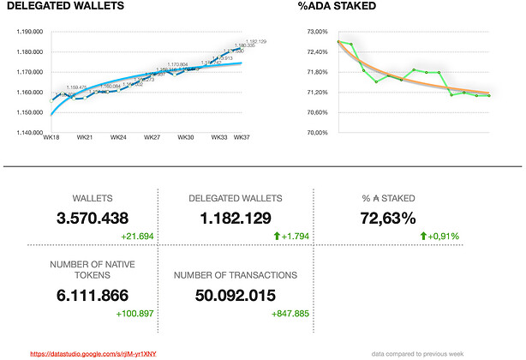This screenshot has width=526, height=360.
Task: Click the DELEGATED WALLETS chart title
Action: pos(65,8)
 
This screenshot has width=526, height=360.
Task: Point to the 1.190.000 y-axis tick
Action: pos(30,32)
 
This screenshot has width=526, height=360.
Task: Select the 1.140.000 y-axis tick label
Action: pos(30,133)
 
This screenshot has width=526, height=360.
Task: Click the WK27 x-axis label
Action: pos(152,138)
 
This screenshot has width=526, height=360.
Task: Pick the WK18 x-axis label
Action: pos(51,138)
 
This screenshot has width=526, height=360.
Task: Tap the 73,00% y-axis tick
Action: pos(317,32)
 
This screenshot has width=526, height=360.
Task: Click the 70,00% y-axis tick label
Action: pos(317,133)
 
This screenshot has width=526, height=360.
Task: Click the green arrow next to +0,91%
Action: pos(423,236)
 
